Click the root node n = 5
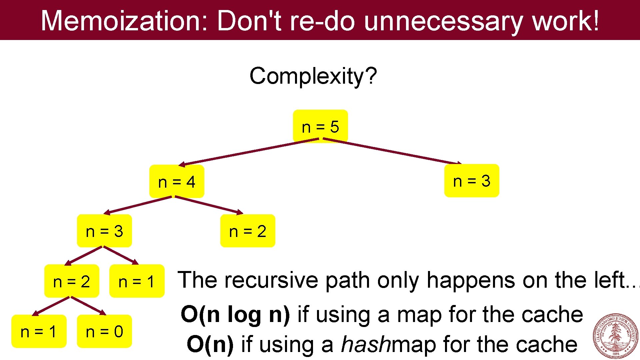(x=320, y=126)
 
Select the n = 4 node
(x=177, y=182)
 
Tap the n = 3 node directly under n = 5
(x=472, y=181)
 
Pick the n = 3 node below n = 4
(x=104, y=231)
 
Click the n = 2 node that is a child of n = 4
(x=248, y=231)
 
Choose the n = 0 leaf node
(x=104, y=331)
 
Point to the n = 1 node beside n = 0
(x=39, y=331)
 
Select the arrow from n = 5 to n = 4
(x=248, y=152)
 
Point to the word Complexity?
(x=313, y=76)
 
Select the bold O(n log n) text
(x=235, y=314)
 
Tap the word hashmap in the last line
(x=388, y=344)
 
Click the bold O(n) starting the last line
(x=210, y=344)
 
